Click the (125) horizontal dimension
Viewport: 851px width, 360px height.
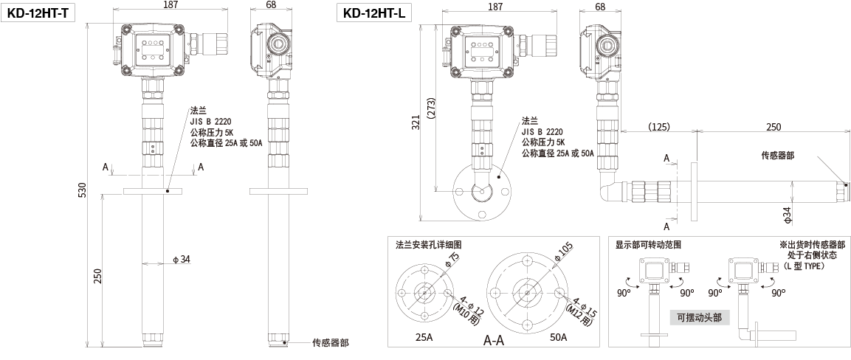point(658,127)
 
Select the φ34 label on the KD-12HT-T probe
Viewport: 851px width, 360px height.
point(180,259)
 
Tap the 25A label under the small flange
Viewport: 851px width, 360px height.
point(423,337)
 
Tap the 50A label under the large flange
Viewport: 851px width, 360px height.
point(558,337)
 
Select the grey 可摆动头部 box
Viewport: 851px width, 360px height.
point(698,318)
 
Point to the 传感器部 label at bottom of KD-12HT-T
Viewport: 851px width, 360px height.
point(330,342)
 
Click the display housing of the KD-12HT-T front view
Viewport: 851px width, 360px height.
point(153,47)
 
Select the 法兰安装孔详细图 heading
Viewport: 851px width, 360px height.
point(428,244)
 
